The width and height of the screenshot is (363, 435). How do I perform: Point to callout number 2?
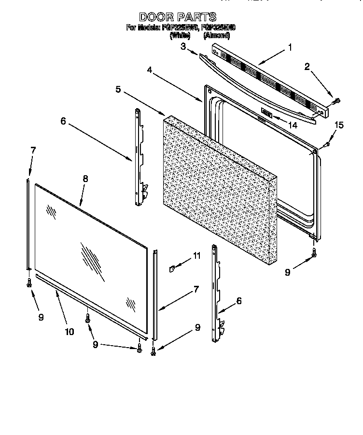pyautogui.click(x=307, y=67)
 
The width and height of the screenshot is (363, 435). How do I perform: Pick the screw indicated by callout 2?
pyautogui.click(x=337, y=101)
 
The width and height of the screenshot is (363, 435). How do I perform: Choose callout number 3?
pyautogui.click(x=183, y=46)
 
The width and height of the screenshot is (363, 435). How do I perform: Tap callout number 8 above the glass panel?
pyautogui.click(x=85, y=178)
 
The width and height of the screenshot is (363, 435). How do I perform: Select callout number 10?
pyautogui.click(x=69, y=331)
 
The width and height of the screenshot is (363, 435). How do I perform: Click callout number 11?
pyautogui.click(x=196, y=256)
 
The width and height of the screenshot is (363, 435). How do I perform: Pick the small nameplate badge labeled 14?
pyautogui.click(x=267, y=113)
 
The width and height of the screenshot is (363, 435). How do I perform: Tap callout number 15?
pyautogui.click(x=339, y=126)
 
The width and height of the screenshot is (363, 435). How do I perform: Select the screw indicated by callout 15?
pyautogui.click(x=326, y=143)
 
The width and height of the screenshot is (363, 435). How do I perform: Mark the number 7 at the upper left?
pyautogui.click(x=32, y=150)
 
